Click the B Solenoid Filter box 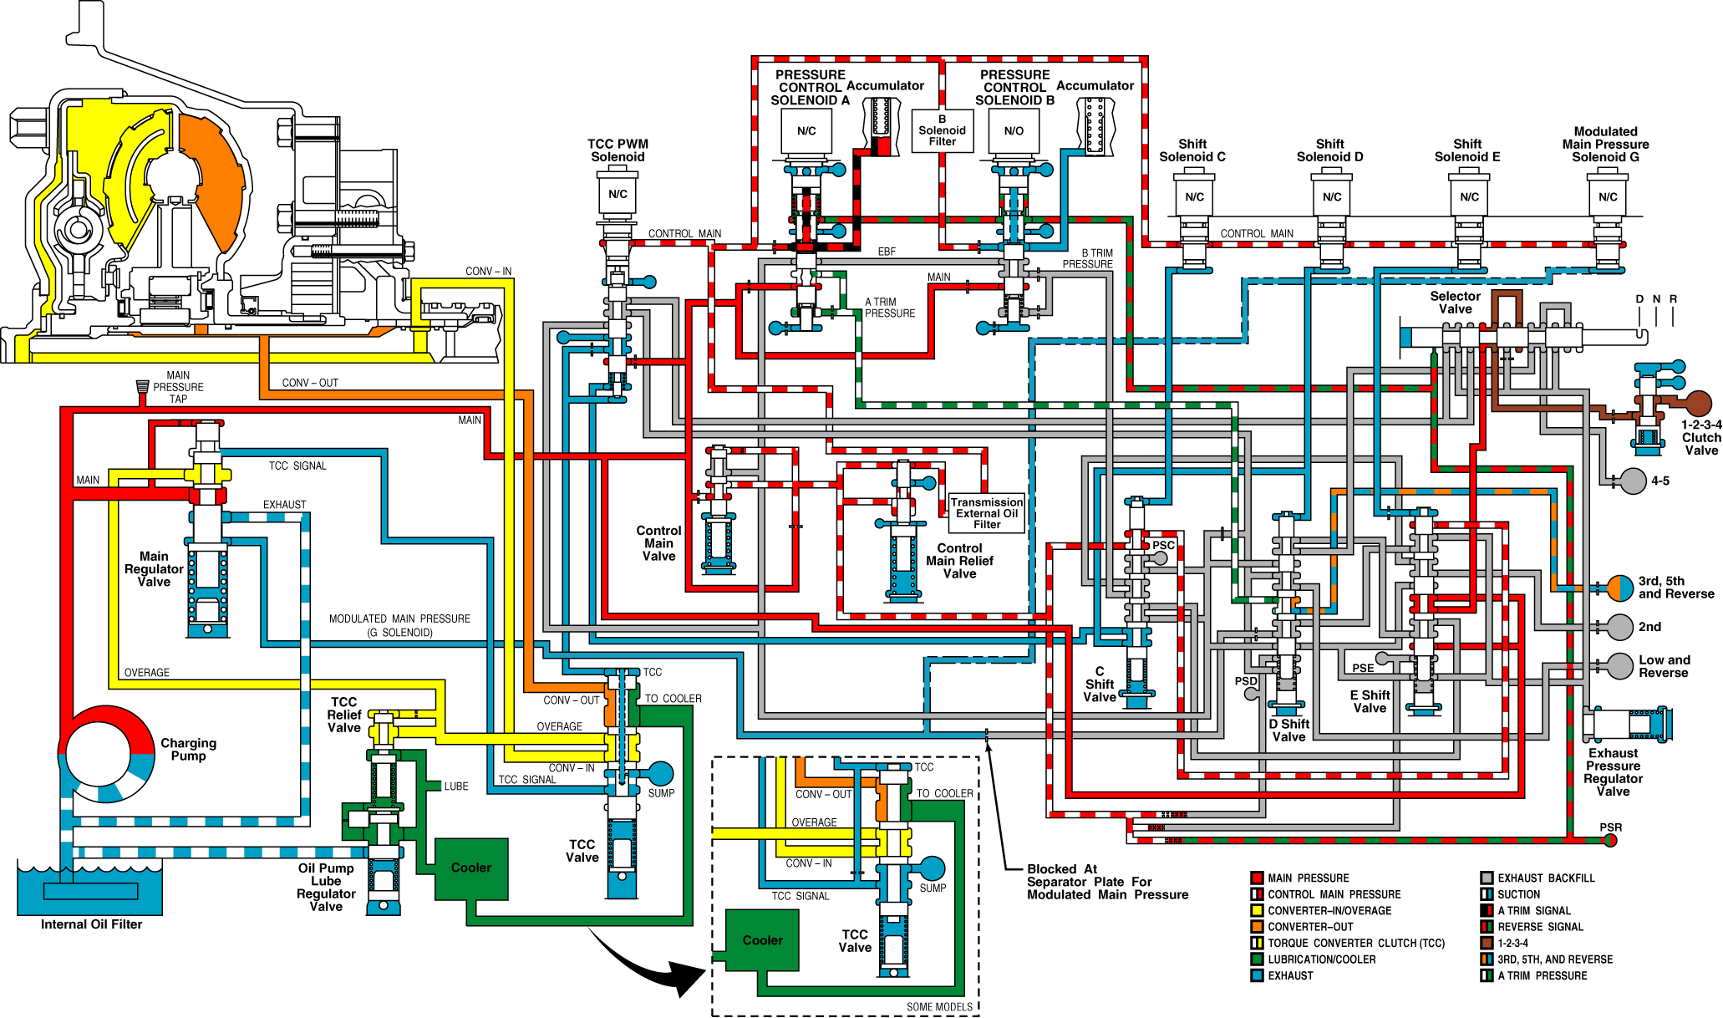pos(942,130)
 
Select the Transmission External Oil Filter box pos(987,513)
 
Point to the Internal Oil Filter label pos(91,924)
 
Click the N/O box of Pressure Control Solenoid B pos(1014,131)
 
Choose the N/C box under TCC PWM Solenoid pos(618,194)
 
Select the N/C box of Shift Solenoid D pos(1332,197)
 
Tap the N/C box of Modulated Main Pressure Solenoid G pos(1608,197)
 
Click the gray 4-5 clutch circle pos(1634,481)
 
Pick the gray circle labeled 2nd pos(1620,627)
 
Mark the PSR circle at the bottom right pos(1610,840)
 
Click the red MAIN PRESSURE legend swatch pos(1257,878)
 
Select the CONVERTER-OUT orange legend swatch pos(1257,927)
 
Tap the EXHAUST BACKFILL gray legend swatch pos(1487,878)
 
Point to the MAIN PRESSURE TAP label pos(178,387)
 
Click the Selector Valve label pos(1456,303)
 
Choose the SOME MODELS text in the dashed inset pos(940,1007)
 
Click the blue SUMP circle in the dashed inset pos(932,869)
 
